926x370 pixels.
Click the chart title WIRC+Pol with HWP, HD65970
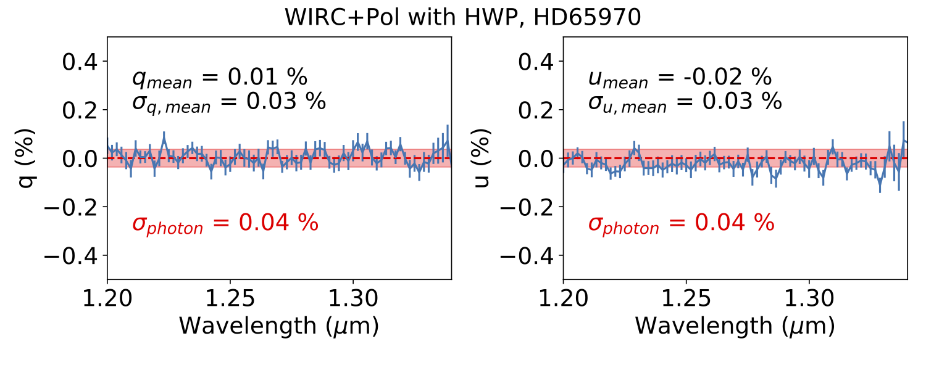[463, 17]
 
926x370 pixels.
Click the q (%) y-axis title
[27, 158]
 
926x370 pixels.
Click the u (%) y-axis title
[483, 158]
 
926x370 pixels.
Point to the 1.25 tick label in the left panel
[230, 300]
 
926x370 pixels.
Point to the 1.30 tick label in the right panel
[809, 300]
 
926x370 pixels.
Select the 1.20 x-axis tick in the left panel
[107, 300]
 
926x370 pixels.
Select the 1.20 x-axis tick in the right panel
[563, 300]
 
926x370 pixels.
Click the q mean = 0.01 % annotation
[219, 78]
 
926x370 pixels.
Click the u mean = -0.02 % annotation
[679, 78]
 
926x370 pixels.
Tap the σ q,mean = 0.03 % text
[228, 102]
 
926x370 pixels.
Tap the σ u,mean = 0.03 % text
[684, 102]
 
